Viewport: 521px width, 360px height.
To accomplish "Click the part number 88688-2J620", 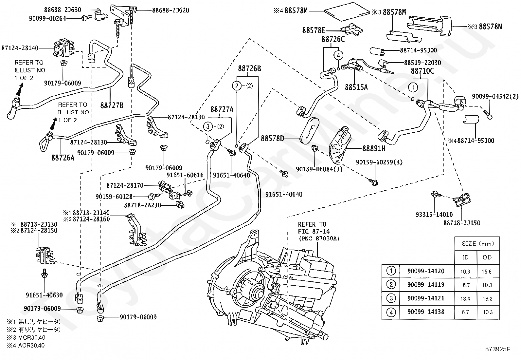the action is (171, 10).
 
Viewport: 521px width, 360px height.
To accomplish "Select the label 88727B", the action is (112, 105).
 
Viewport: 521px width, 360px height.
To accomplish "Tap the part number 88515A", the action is (356, 87).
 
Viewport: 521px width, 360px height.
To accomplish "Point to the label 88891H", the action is (374, 148).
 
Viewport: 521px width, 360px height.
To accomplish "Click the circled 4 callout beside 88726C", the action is (338, 55).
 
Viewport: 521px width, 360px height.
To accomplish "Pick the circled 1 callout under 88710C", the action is (413, 87).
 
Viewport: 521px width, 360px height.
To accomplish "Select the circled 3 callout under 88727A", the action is (208, 127).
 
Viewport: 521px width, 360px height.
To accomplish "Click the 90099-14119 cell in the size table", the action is (426, 285).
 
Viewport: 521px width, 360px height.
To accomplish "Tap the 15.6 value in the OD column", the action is (487, 272).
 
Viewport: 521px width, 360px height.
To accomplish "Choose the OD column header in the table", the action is (487, 257).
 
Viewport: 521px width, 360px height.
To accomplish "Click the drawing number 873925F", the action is (497, 349).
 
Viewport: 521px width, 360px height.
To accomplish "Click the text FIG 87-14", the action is (314, 231).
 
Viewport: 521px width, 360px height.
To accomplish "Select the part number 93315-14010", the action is (434, 215).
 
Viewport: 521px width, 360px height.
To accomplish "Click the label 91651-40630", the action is (44, 295).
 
